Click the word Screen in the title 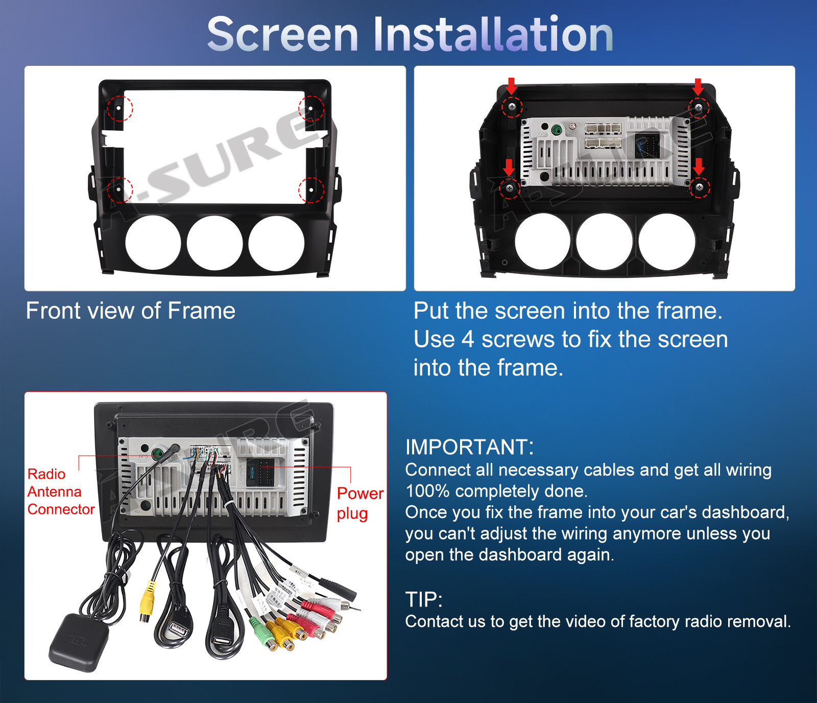pyautogui.click(x=283, y=34)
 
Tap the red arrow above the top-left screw pyautogui.click(x=511, y=86)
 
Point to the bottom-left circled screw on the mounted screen pyautogui.click(x=509, y=189)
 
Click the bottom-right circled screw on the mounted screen pyautogui.click(x=700, y=188)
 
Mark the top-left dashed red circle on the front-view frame pyautogui.click(x=120, y=108)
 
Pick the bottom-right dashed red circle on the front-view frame pyautogui.click(x=311, y=190)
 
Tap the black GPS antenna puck pyautogui.click(x=79, y=642)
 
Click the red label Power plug pyautogui.click(x=360, y=503)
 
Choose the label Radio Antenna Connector pyautogui.click(x=61, y=491)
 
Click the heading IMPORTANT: pyautogui.click(x=469, y=447)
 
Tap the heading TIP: pyautogui.click(x=424, y=599)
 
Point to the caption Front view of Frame pyautogui.click(x=131, y=311)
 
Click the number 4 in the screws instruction pyautogui.click(x=468, y=340)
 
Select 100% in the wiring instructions pyautogui.click(x=427, y=491)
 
